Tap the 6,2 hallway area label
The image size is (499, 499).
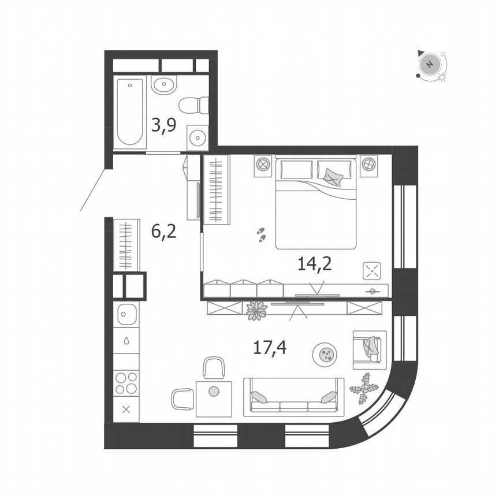click(163, 232)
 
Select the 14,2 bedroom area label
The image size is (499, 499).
click(314, 264)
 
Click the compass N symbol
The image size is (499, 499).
click(429, 64)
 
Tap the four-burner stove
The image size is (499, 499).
click(126, 382)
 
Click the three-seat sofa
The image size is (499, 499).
click(293, 397)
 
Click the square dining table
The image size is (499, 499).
click(214, 398)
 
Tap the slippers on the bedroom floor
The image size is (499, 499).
click(261, 234)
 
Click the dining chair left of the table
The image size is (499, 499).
click(183, 399)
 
